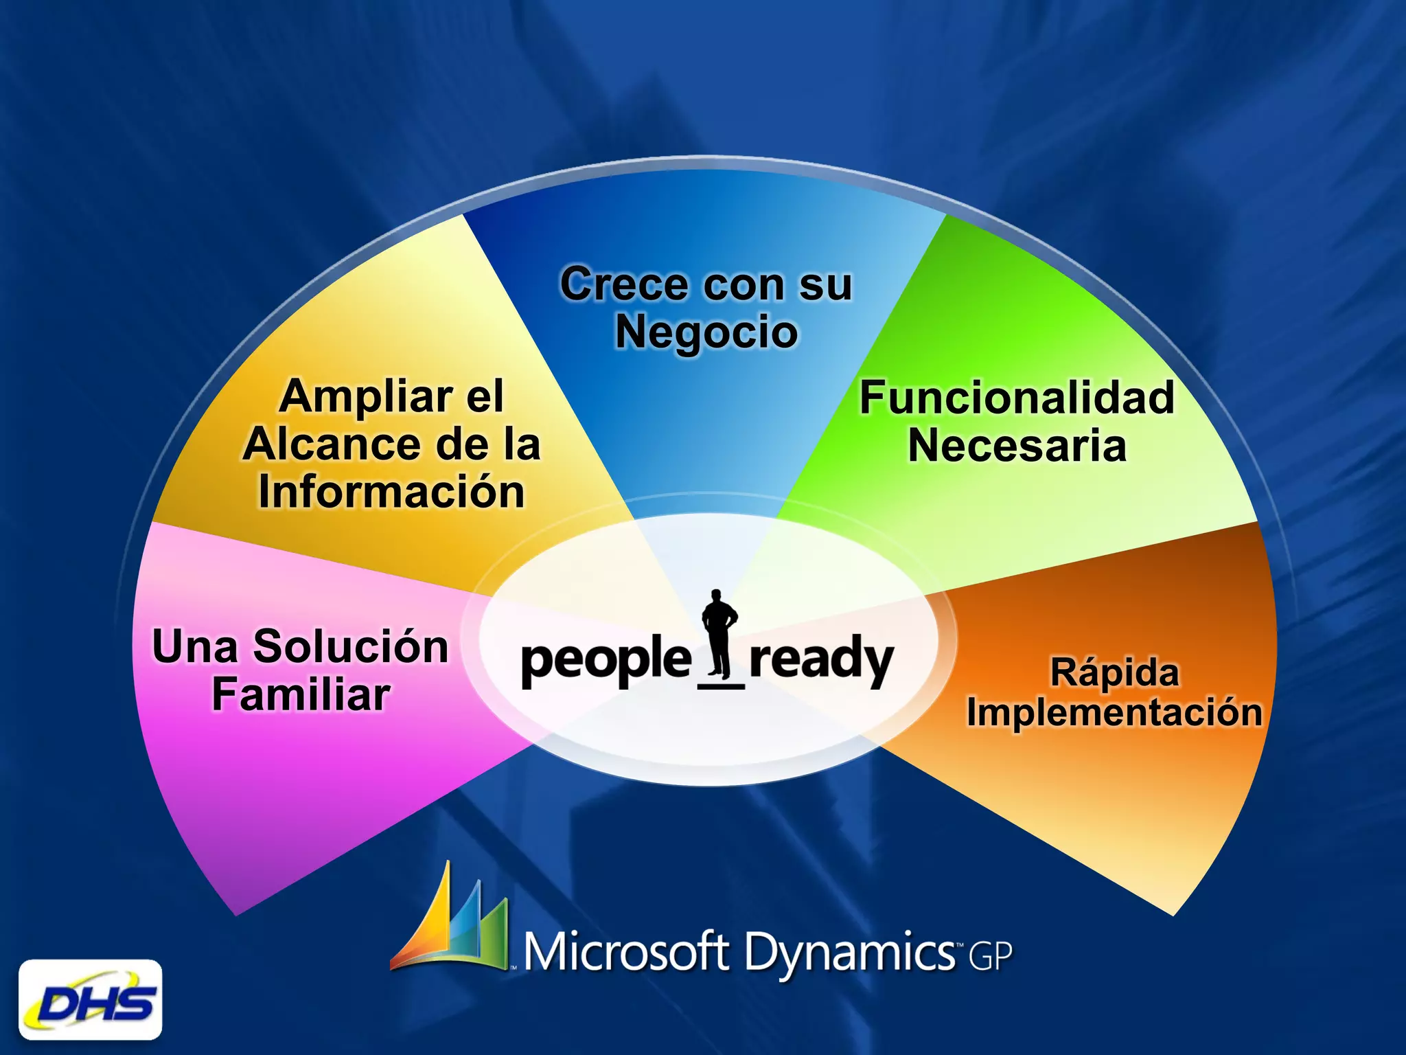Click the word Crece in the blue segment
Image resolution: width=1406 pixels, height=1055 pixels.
pos(623,284)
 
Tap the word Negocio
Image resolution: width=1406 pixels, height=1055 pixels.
pos(706,332)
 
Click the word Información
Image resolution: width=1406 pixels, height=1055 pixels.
pos(391,492)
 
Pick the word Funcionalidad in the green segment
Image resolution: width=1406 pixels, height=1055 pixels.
pos(1017,398)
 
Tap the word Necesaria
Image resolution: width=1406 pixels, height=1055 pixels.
pos(1017,446)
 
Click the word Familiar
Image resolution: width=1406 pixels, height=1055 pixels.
pos(301,694)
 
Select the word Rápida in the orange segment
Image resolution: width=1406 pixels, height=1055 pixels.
pos(1114,672)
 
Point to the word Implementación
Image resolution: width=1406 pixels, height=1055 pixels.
pos(1114,712)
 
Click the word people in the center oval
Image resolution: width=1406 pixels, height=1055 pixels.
pos(606,660)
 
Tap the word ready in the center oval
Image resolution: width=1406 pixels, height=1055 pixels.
pos(821,660)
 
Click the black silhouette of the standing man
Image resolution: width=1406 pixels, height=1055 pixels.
pos(719,632)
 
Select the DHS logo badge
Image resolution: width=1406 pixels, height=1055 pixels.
pos(91,1000)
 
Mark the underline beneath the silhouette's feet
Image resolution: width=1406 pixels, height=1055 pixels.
pos(721,685)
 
